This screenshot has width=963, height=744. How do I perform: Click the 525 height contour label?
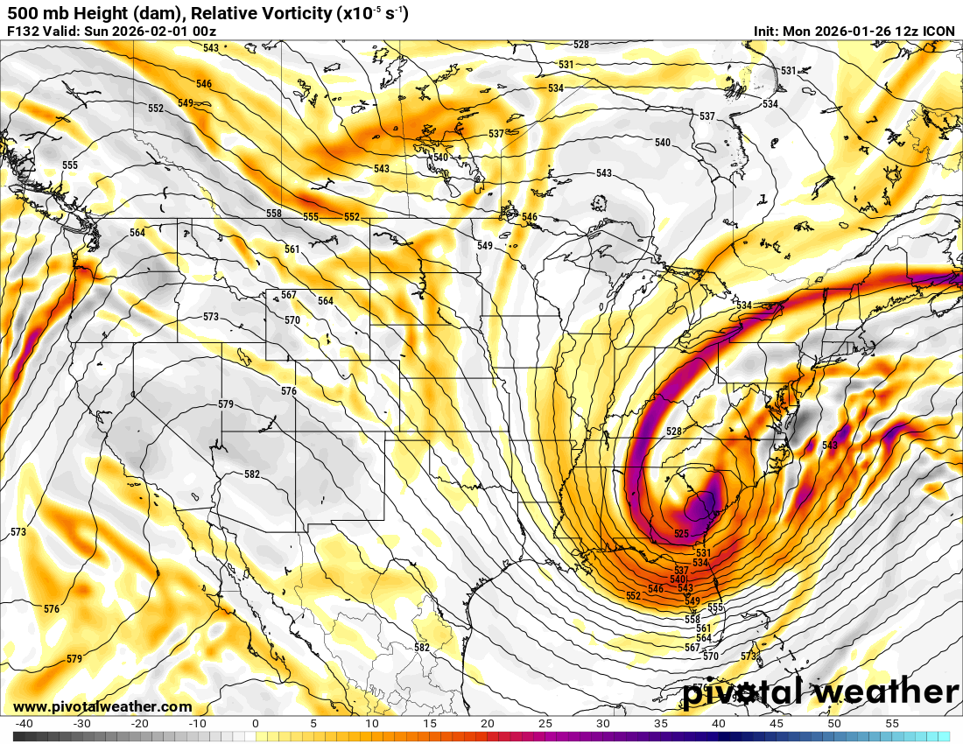tap(682, 533)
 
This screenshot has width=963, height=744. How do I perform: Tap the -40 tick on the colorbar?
tap(24, 724)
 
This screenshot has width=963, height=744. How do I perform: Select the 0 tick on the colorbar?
tap(255, 724)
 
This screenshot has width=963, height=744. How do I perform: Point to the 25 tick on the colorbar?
tap(545, 724)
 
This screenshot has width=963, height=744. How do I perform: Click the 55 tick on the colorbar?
tap(892, 724)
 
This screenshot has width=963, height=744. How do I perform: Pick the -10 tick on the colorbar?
tap(197, 724)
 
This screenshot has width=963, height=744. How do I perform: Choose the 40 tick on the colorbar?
tap(719, 724)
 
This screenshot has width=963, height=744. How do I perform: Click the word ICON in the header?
tap(939, 32)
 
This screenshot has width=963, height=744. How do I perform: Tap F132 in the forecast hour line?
tap(23, 32)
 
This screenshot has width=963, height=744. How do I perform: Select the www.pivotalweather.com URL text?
tap(102, 706)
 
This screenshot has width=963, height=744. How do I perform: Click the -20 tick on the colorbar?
tap(139, 724)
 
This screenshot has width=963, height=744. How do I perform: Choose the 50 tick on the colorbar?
tap(834, 724)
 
